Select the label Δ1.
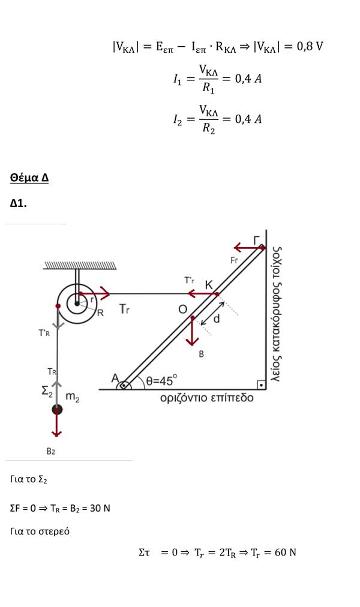tap(19, 203)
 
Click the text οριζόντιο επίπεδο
tap(206, 398)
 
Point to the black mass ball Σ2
tap(57, 410)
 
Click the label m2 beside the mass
tap(72, 396)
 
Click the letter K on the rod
tap(209, 284)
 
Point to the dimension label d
tap(217, 319)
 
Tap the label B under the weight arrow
tap(201, 354)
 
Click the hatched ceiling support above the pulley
tap(80, 265)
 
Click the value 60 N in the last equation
tap(285, 552)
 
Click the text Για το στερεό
tap(40, 531)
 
